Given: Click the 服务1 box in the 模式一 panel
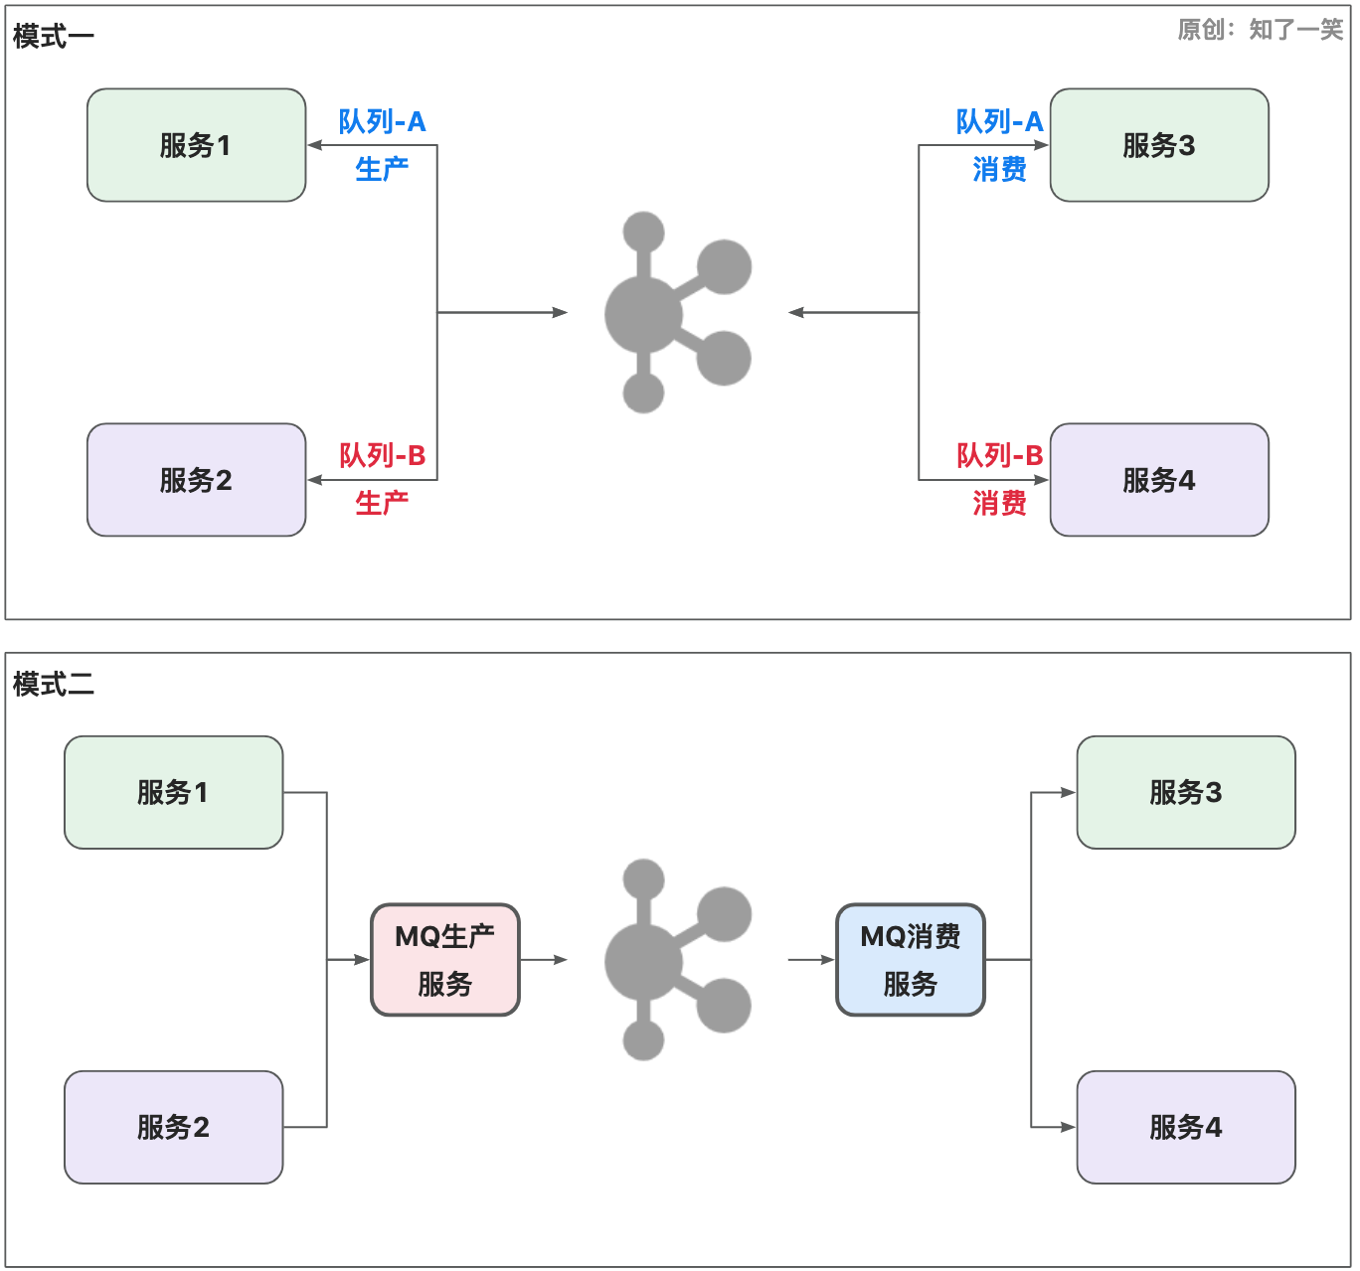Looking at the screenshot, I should pyautogui.click(x=196, y=145).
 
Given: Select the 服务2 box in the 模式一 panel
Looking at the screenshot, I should pyautogui.click(x=196, y=480).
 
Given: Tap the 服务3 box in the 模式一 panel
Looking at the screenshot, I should pyautogui.click(x=1159, y=145).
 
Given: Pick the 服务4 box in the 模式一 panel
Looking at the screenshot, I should pyautogui.click(x=1159, y=480).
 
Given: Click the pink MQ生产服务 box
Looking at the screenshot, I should pyautogui.click(x=445, y=960).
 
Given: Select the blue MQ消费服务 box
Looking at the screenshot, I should pyautogui.click(x=911, y=960).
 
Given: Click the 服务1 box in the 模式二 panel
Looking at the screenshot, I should pyautogui.click(x=173, y=792).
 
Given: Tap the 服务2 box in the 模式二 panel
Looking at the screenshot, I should pyautogui.click(x=173, y=1127).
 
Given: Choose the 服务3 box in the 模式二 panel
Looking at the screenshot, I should pyautogui.click(x=1186, y=792).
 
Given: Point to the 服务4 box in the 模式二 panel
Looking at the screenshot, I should pyautogui.click(x=1186, y=1127).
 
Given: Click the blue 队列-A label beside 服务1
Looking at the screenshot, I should pyautogui.click(x=382, y=121).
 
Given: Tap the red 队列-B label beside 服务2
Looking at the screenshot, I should pyautogui.click(x=382, y=455).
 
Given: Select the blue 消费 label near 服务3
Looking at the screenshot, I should pyautogui.click(x=999, y=169).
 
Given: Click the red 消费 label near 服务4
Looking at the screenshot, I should pyautogui.click(x=999, y=503).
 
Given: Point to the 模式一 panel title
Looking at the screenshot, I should pyautogui.click(x=54, y=37).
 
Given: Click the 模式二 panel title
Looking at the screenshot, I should pyautogui.click(x=54, y=684).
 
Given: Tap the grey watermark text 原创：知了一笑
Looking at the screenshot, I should pyautogui.click(x=1260, y=30).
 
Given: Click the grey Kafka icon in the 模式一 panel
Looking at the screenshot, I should pyautogui.click(x=677, y=312).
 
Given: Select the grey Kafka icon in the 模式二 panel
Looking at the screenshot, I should pyautogui.click(x=677, y=960).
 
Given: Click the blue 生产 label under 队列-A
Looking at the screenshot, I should pyautogui.click(x=382, y=169).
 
